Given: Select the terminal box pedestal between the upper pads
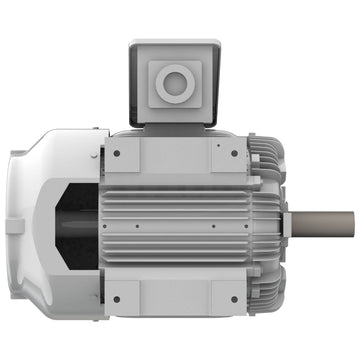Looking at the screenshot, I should click(x=175, y=150).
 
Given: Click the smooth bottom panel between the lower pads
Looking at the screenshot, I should click(x=175, y=297).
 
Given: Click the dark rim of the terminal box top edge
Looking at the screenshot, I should click(x=176, y=43).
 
